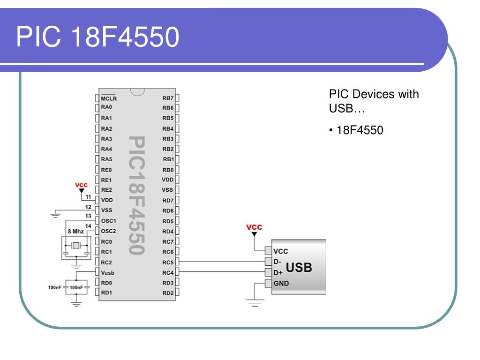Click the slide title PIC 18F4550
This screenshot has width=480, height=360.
[97, 37]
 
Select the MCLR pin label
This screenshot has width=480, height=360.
[109, 98]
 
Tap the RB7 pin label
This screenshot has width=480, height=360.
[168, 98]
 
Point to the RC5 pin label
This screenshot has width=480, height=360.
[168, 262]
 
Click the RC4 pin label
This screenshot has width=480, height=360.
[168, 272]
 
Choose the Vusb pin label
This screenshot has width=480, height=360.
[107, 273]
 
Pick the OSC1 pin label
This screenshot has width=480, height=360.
[108, 221]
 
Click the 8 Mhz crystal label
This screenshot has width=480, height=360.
[75, 232]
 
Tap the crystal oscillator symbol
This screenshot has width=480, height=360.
[75, 245]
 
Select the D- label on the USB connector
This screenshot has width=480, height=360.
[277, 262]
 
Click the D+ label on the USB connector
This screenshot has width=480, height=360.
[278, 273]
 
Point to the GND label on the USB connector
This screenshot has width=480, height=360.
[281, 284]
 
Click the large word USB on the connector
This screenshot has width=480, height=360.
[299, 268]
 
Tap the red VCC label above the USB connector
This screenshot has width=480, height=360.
[254, 227]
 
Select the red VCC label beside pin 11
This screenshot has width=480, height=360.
[81, 185]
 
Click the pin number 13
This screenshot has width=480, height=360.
[88, 216]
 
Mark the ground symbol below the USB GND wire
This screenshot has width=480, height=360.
[255, 303]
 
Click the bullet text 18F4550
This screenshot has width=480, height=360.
[360, 130]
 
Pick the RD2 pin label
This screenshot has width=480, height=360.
[168, 293]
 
